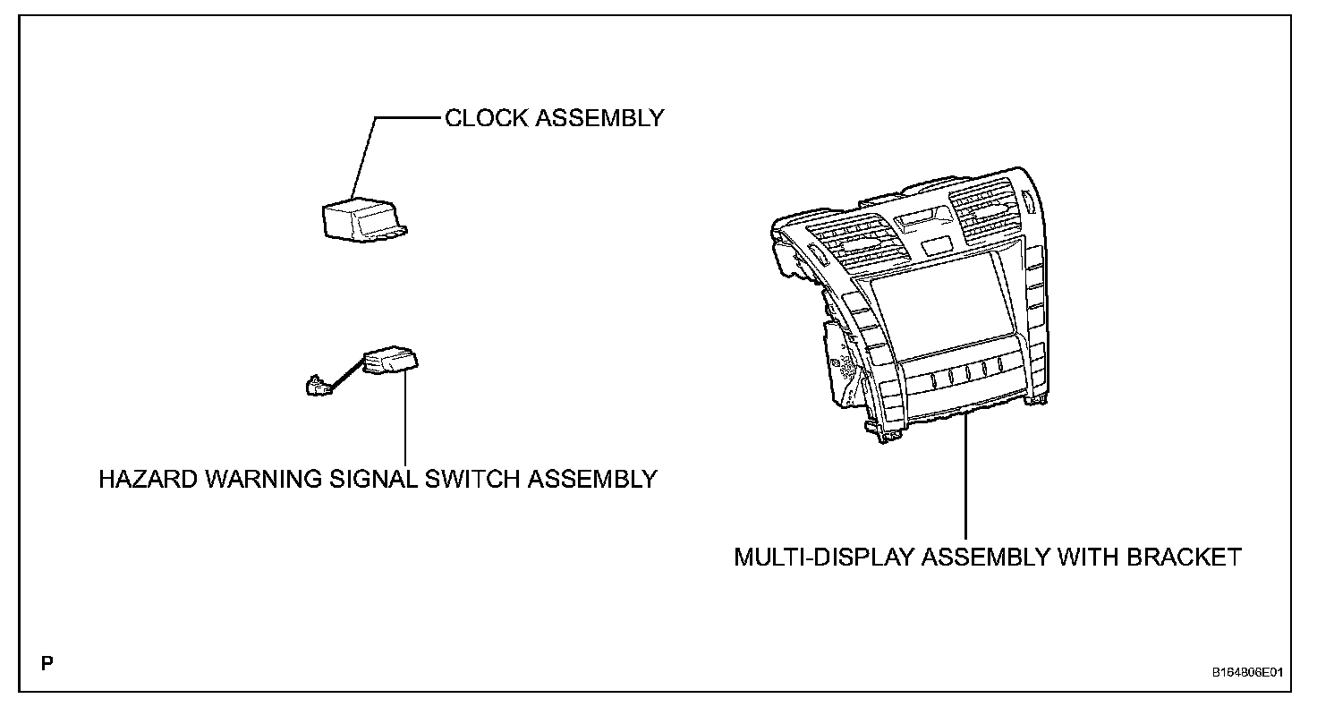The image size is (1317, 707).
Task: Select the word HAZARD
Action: tap(148, 480)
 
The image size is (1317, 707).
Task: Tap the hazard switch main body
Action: tap(390, 361)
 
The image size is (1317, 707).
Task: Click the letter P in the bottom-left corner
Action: tap(47, 663)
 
